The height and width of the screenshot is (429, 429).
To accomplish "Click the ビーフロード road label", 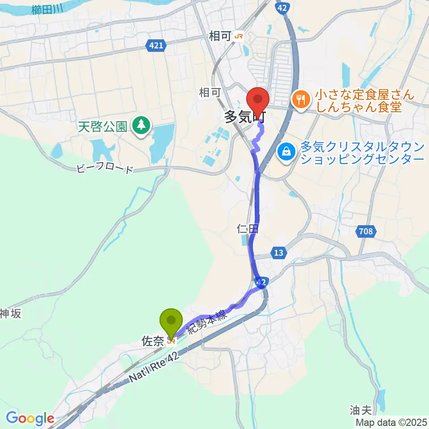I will (x=105, y=169).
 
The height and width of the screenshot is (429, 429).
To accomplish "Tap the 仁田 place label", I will (x=247, y=230).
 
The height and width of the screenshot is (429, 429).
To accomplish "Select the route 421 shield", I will (x=157, y=45).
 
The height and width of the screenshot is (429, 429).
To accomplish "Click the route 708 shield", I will (x=366, y=231).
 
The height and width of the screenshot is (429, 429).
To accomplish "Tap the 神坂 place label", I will (x=10, y=314).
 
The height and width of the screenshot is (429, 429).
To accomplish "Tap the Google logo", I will (x=30, y=419).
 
